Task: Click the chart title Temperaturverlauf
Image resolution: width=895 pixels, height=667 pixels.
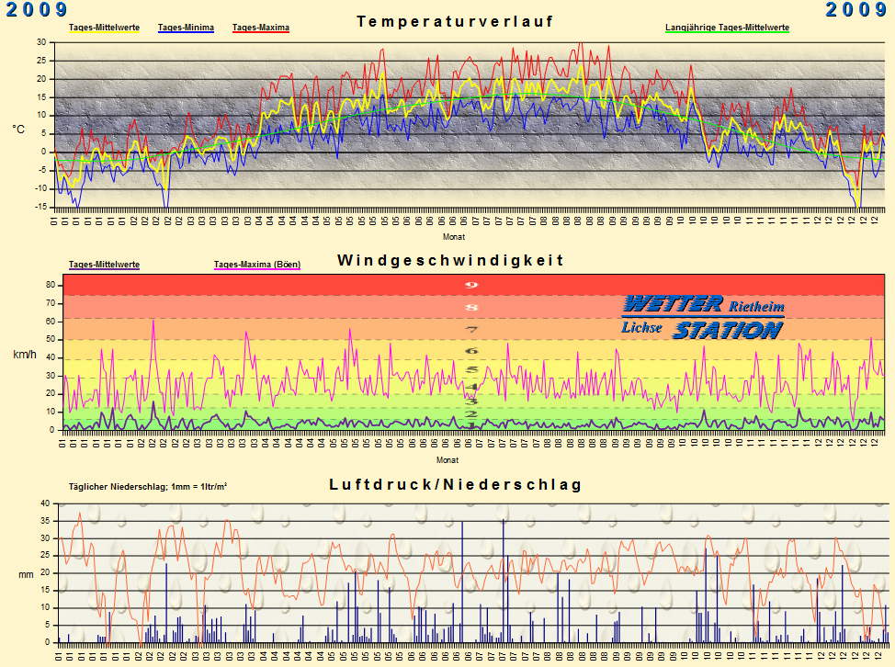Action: tap(456, 21)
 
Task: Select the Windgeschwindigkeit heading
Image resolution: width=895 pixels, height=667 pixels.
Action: tap(450, 260)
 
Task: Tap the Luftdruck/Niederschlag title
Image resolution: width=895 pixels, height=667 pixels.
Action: tap(456, 484)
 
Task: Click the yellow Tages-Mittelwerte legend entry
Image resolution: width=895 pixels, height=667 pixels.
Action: tap(104, 28)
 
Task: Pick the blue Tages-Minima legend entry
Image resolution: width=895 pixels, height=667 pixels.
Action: tap(187, 28)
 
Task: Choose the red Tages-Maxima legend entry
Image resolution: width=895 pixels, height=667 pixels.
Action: tap(261, 28)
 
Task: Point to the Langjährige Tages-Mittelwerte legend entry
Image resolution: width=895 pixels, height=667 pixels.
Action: tap(727, 28)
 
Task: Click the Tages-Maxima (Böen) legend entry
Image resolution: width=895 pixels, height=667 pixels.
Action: tap(256, 265)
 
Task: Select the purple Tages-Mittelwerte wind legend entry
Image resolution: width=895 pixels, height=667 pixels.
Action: tap(104, 265)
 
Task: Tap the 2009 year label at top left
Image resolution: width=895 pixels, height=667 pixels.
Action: tap(36, 10)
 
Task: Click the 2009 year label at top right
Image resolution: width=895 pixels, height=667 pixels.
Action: tap(855, 10)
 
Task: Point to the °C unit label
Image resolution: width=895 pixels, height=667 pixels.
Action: tap(18, 130)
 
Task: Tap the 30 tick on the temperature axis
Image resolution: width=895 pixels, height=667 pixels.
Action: tap(41, 42)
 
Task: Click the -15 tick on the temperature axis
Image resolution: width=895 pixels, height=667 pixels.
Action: tap(40, 207)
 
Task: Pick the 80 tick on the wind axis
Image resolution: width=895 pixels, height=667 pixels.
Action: tap(51, 285)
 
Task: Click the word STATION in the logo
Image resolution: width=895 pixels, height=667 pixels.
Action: tap(727, 330)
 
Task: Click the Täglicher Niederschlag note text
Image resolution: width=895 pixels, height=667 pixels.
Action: tap(147, 487)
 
